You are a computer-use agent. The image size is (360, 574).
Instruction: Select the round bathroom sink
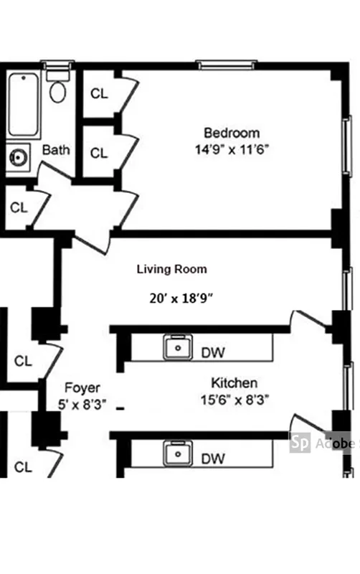tap(18, 156)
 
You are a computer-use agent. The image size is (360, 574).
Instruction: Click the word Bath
tap(56, 151)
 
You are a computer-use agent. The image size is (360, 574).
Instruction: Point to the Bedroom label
tap(231, 133)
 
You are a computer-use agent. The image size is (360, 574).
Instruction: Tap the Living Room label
tap(172, 269)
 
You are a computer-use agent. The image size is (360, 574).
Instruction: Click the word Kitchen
tap(234, 382)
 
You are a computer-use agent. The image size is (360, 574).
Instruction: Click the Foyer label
tap(82, 388)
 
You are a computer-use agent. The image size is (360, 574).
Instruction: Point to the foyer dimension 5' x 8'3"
tap(82, 404)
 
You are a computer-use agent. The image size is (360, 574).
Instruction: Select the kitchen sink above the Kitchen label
tap(176, 348)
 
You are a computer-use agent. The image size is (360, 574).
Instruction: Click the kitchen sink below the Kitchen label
tap(176, 454)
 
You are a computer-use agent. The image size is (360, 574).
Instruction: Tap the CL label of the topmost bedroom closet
tap(99, 94)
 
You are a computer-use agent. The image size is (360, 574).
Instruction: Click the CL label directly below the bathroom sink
tap(19, 207)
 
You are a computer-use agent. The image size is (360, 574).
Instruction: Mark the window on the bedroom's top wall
tap(227, 65)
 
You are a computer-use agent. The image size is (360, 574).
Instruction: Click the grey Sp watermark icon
tap(300, 443)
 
